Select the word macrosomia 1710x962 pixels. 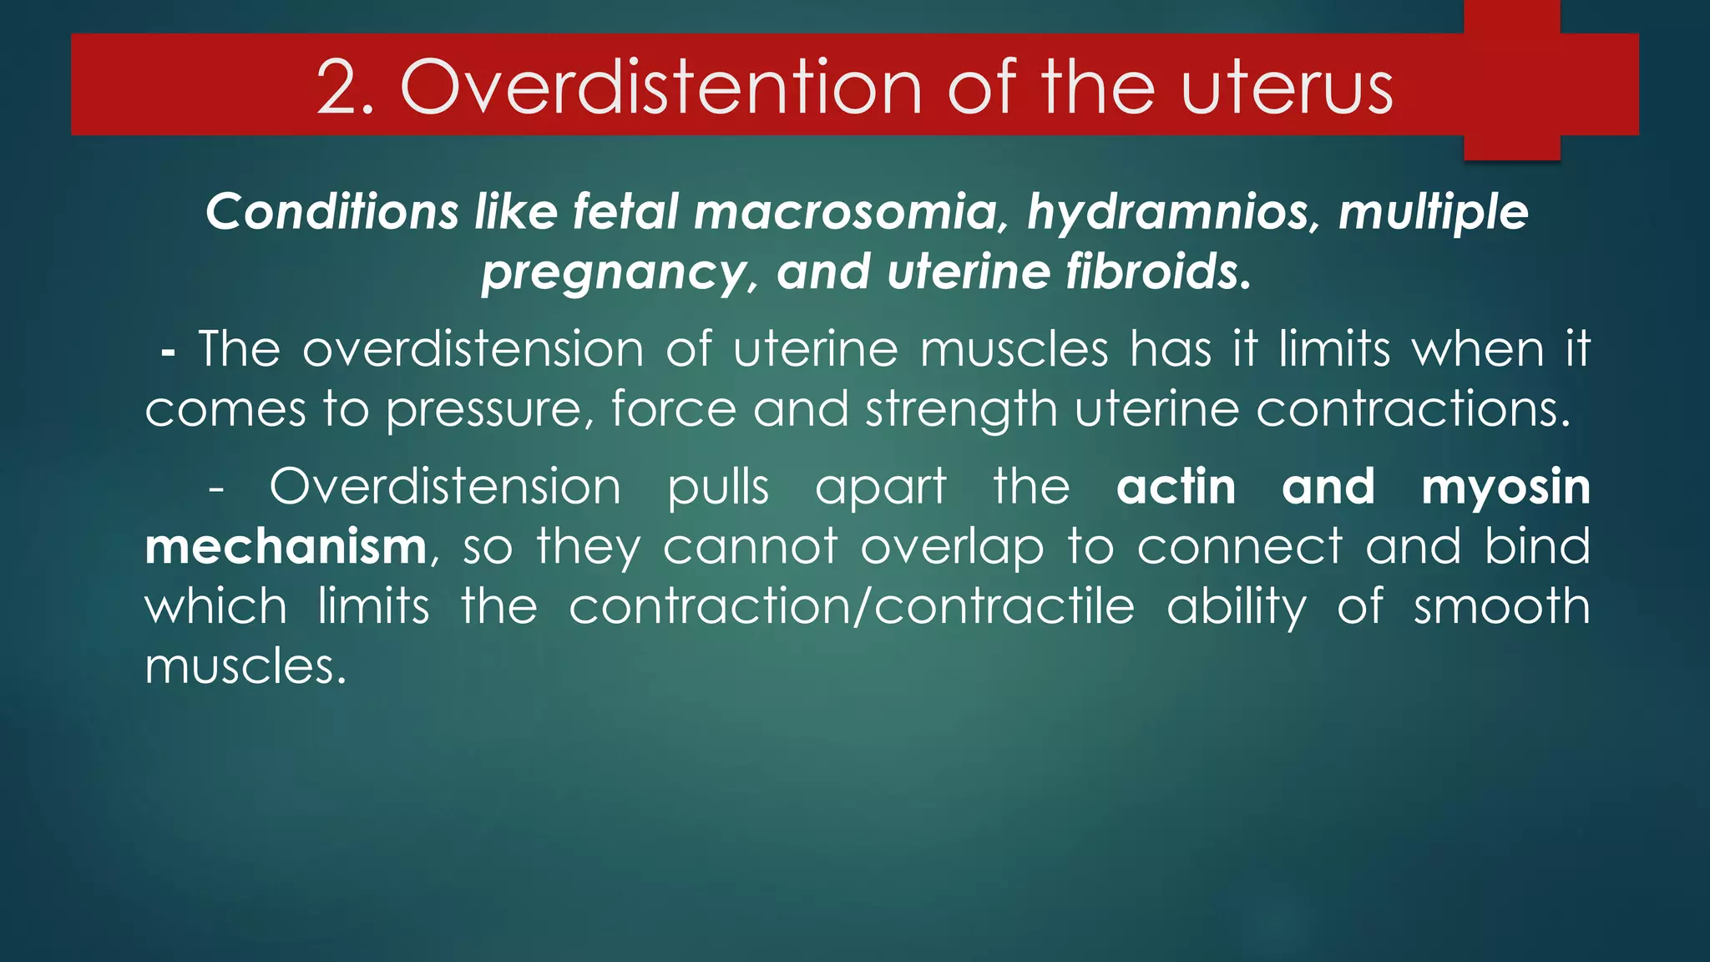tap(846, 211)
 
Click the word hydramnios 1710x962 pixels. tap(1174, 213)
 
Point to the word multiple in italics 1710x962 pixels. tap(1433, 213)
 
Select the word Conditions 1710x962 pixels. tap(331, 211)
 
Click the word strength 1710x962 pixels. tap(961, 410)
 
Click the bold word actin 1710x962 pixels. tap(1176, 487)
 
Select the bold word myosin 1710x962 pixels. tap(1505, 489)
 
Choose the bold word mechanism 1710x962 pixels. tap(286, 547)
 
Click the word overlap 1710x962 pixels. tap(952, 549)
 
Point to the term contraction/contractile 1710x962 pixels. tap(852, 607)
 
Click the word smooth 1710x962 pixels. tap(1501, 607)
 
